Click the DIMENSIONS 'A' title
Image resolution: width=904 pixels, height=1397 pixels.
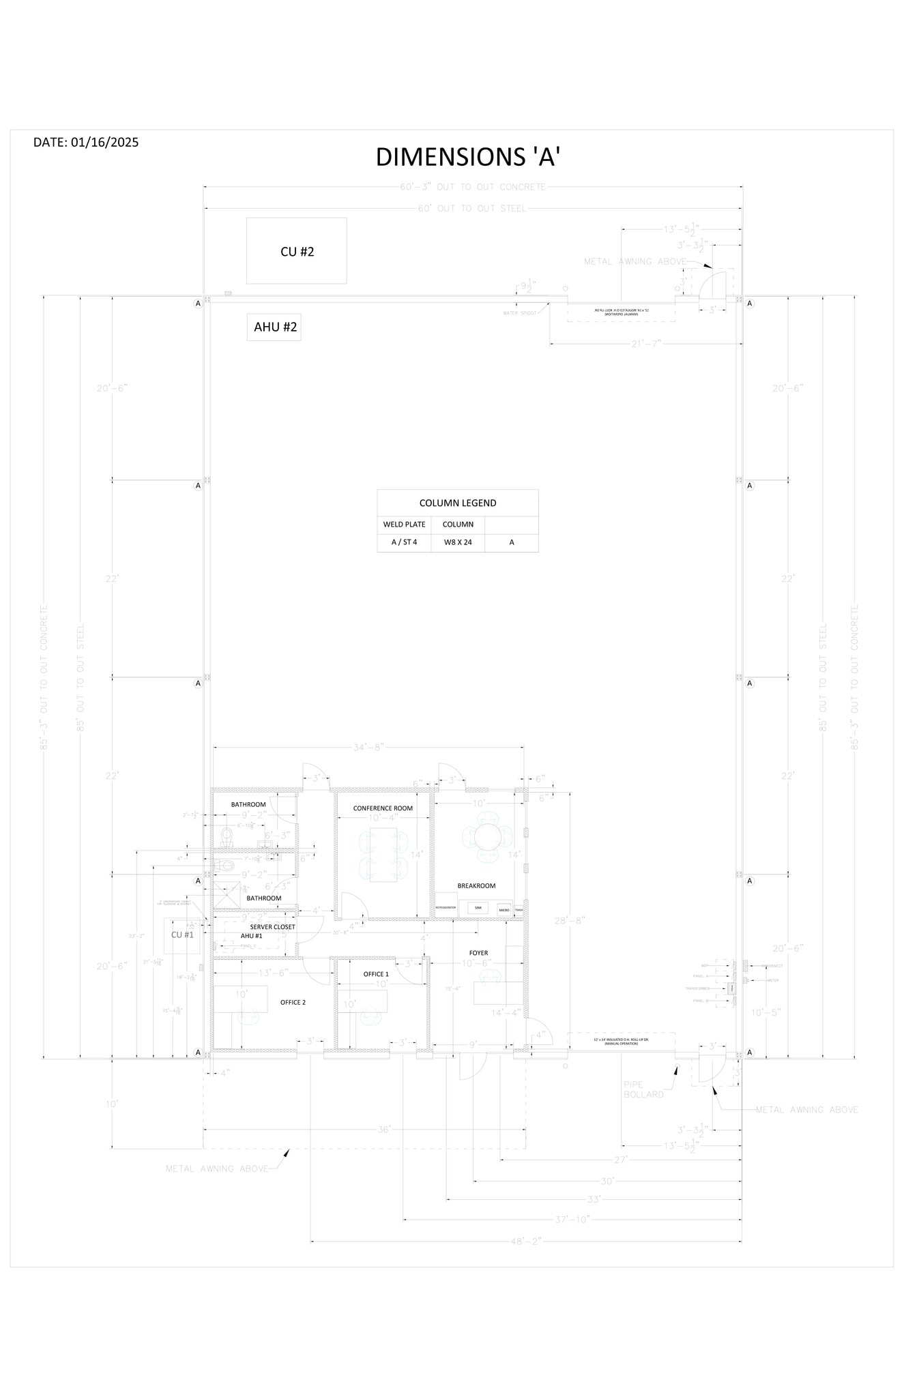468,157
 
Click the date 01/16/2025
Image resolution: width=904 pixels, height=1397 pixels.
86,142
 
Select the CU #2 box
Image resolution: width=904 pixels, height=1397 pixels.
297,251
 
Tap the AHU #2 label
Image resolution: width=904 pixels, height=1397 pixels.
275,327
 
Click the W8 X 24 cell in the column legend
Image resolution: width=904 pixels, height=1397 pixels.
458,542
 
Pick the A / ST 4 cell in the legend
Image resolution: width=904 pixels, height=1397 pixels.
404,542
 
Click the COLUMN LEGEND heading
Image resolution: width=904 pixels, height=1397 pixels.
458,503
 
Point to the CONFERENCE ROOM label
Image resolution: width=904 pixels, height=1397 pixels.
383,808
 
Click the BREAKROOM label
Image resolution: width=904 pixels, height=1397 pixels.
476,885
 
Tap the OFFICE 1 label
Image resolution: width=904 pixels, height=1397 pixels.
375,974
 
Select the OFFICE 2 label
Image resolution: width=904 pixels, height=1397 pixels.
293,1002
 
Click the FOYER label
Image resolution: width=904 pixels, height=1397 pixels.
478,953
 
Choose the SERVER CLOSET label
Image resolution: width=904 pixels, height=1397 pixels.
272,927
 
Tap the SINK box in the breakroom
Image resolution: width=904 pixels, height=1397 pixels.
478,909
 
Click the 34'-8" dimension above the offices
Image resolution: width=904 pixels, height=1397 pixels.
369,748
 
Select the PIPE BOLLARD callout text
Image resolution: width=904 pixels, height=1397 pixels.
643,1089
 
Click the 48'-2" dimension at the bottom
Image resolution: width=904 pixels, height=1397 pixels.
525,1241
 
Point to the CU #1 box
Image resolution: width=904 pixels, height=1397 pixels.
182,935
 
